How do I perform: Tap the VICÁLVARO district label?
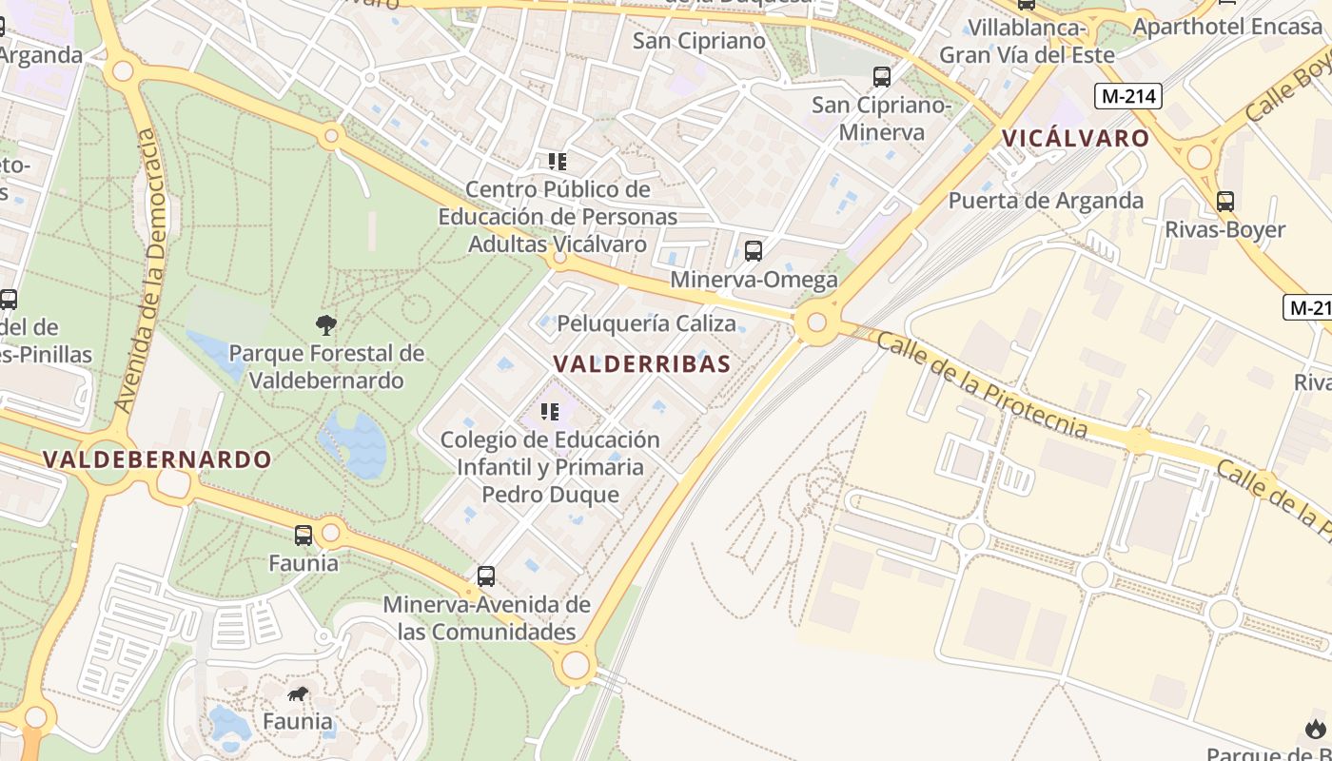pos(1076,138)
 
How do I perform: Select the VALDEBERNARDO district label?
pos(157,459)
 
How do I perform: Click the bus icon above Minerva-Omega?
pos(754,251)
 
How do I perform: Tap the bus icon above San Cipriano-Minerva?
pos(882,77)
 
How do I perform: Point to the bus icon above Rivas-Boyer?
pos(1225,202)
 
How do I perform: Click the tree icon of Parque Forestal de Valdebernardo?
pos(326,325)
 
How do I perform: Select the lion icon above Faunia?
pos(299,693)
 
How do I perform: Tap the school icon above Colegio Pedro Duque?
pos(550,412)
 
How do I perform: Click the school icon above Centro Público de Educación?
pos(557,162)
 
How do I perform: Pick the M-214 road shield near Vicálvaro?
pos(1127,95)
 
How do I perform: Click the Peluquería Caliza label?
pos(646,323)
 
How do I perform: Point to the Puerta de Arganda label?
pos(1046,201)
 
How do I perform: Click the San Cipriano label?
pos(699,41)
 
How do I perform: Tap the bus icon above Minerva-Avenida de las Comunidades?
pos(486,576)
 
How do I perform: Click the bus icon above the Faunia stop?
pos(304,536)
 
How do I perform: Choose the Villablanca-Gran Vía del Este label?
pos(1027,42)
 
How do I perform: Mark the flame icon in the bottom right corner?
pos(1316,730)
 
